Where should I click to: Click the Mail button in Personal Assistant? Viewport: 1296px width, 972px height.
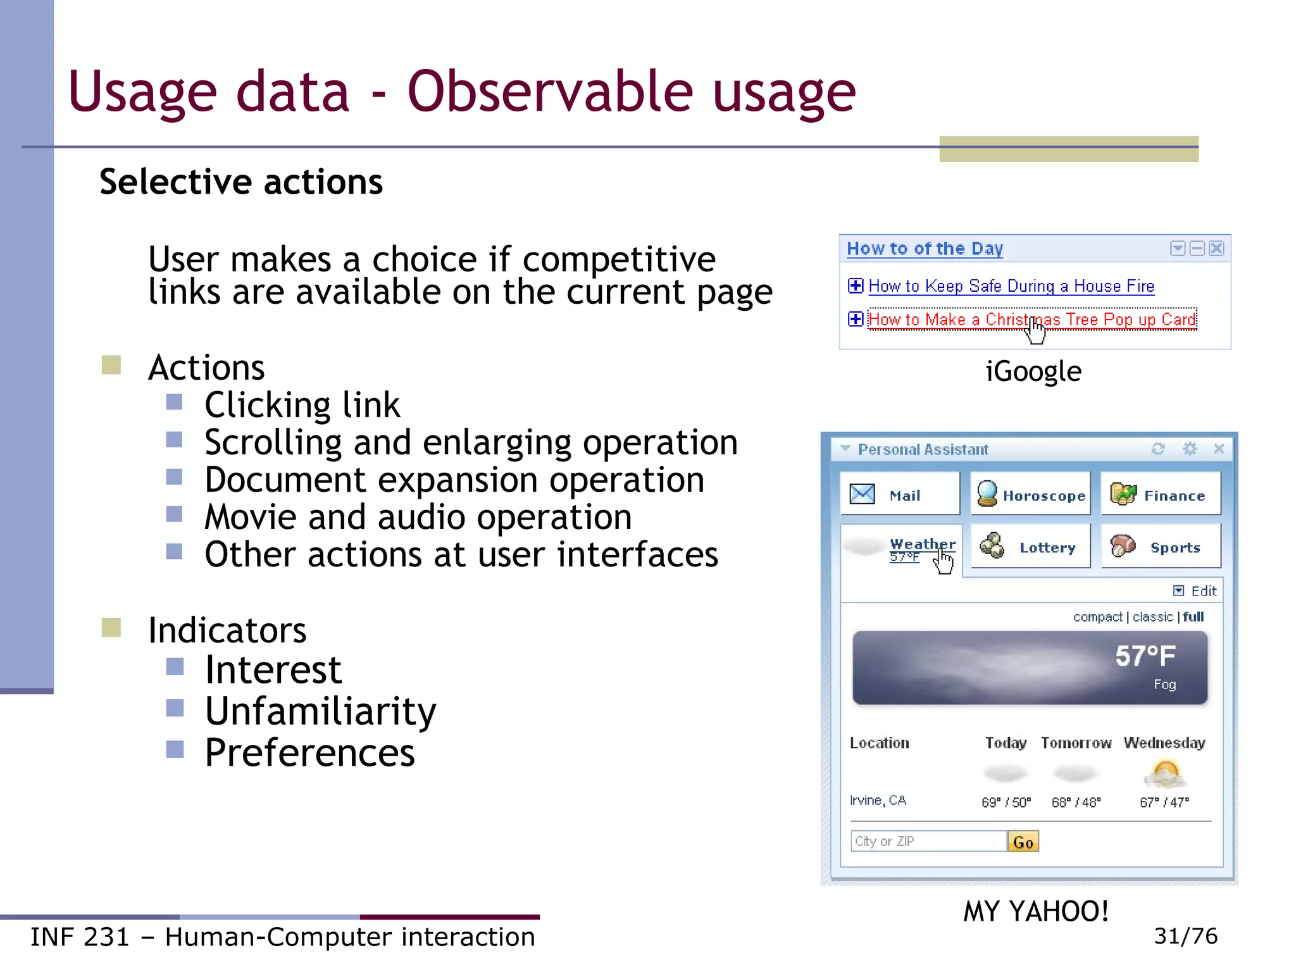pos(899,495)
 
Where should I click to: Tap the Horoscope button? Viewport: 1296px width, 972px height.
pos(1030,495)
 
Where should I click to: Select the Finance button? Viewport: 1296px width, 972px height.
pos(1161,495)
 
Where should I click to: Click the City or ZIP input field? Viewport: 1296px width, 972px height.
pos(928,841)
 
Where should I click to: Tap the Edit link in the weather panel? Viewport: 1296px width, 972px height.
pos(1202,590)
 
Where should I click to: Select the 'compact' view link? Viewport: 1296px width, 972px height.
pos(1097,617)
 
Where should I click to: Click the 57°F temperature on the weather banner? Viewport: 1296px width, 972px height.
pos(1145,656)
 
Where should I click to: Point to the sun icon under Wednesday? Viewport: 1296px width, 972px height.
pos(1164,773)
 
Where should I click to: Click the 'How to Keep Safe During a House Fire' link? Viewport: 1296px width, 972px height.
pos(1011,286)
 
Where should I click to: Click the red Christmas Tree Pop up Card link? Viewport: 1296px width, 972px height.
pos(1031,320)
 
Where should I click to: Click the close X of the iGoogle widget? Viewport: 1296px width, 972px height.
pos(1216,248)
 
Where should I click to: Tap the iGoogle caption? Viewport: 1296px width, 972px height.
pos(1033,371)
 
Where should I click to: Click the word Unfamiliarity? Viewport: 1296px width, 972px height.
pos(320,711)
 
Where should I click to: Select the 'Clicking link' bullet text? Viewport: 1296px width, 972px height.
pos(302,405)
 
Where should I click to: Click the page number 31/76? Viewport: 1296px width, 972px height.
pos(1185,936)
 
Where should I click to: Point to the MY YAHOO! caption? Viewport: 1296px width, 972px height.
pos(1035,912)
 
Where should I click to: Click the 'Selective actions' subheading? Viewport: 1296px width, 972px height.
pos(241,182)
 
